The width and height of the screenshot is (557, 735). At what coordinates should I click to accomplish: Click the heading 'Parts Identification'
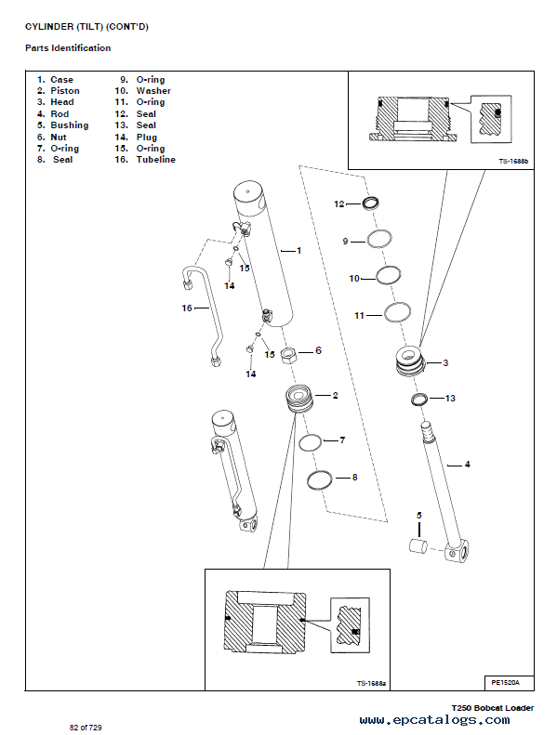[x=68, y=47]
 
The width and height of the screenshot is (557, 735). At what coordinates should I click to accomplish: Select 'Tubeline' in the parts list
[x=155, y=160]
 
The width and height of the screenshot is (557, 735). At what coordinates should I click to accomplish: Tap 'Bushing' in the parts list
[x=69, y=125]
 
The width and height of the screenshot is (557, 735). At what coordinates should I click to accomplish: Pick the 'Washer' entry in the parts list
[x=153, y=91]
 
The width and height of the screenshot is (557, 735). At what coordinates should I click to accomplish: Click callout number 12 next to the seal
[x=339, y=203]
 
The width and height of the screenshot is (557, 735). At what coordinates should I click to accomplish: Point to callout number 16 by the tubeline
[x=187, y=307]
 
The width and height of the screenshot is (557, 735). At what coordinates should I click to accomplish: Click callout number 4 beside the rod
[x=468, y=463]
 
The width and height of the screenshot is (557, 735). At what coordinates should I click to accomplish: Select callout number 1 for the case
[x=298, y=250]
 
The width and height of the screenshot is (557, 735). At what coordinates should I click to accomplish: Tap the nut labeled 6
[x=288, y=354]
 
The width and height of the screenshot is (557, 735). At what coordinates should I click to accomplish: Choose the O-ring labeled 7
[x=311, y=442]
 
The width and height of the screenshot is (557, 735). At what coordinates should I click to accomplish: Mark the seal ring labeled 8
[x=319, y=479]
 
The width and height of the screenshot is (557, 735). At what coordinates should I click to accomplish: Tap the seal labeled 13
[x=419, y=400]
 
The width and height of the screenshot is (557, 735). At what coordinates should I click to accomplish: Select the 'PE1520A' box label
[x=507, y=682]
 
